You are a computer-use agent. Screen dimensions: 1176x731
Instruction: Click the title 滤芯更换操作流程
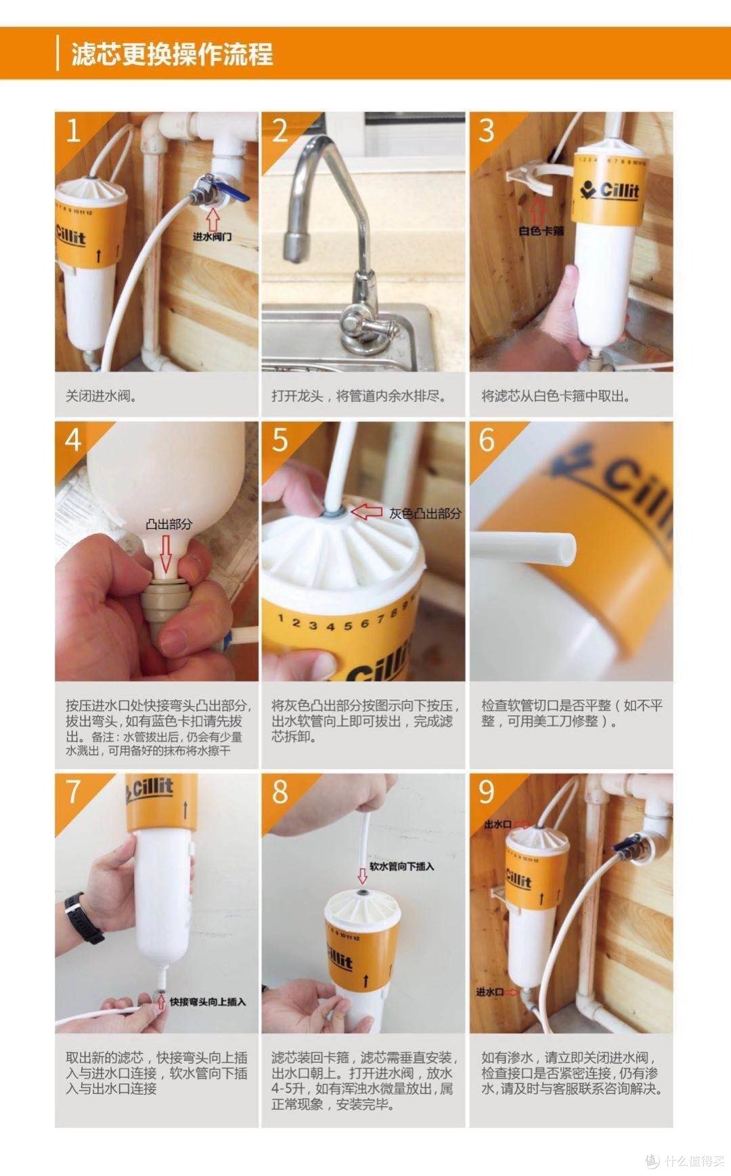(x=172, y=54)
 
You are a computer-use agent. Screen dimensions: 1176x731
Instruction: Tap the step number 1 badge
(x=72, y=130)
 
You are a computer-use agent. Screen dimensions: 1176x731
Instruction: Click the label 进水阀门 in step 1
(x=212, y=236)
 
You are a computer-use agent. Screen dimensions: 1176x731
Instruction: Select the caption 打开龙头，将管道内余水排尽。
(x=359, y=396)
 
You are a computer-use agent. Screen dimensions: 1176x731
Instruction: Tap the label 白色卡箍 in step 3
(x=541, y=230)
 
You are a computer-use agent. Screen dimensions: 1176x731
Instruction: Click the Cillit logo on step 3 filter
(x=609, y=190)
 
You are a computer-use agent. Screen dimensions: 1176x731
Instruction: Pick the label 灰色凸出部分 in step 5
(x=425, y=513)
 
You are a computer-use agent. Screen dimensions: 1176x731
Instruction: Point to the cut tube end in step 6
(x=567, y=548)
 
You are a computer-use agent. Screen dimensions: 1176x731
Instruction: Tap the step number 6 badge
(x=487, y=440)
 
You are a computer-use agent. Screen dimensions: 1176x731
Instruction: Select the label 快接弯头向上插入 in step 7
(x=207, y=1001)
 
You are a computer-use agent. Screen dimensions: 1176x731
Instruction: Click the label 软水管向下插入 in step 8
(x=401, y=866)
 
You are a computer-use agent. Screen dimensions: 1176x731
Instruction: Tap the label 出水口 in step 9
(x=497, y=824)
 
